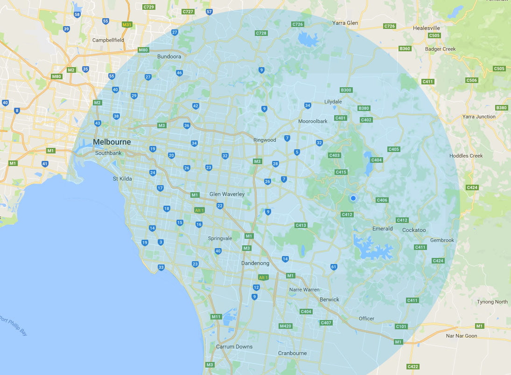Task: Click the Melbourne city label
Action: coord(112,142)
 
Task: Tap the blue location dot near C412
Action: coord(353,199)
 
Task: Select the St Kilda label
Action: coord(123,178)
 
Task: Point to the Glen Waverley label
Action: coord(227,194)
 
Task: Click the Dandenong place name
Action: coord(255,263)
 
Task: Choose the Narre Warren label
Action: coord(304,290)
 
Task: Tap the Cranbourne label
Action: coord(292,353)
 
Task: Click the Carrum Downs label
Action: coord(234,347)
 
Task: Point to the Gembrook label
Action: coord(442,240)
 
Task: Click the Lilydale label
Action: coord(333,101)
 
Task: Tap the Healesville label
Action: coord(427,28)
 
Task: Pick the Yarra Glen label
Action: coord(345,22)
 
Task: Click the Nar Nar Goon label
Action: coord(461,336)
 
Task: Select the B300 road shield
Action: coord(346,90)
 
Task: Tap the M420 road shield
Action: coord(285,326)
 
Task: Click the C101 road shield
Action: coord(401,326)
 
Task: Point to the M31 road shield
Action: coord(126,24)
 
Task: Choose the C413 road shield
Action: coord(301,225)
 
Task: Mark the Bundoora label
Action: coord(169,56)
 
